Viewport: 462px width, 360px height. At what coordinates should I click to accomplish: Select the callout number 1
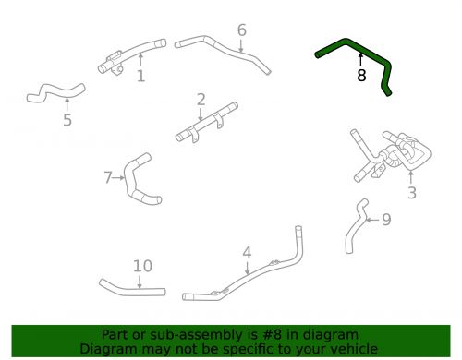coord(140,77)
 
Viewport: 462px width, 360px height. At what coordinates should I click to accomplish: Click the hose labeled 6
coord(222,45)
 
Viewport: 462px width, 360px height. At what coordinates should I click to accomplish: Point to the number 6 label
coord(242,30)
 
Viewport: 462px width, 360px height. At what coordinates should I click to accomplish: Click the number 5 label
coord(67,120)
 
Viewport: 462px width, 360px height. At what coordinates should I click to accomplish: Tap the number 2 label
coord(201,100)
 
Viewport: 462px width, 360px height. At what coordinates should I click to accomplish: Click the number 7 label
coord(108,176)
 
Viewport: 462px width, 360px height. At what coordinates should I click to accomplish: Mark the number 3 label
coord(412,193)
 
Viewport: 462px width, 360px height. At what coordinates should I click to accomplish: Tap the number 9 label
coord(386,220)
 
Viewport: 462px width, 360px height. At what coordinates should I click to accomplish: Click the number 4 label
coord(247,252)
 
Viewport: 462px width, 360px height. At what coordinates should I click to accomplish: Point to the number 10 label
coord(141,267)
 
